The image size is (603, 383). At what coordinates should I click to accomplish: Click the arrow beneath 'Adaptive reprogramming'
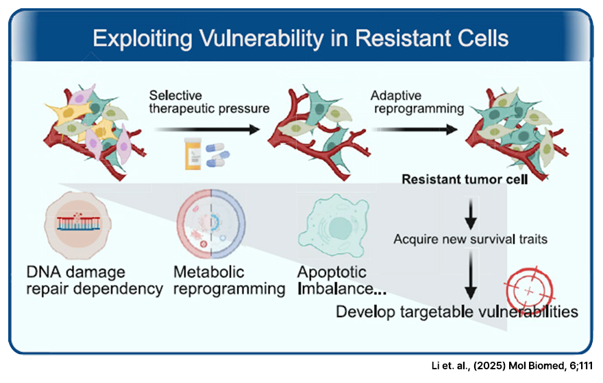[414, 128]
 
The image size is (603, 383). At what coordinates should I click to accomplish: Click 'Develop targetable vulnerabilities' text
[456, 312]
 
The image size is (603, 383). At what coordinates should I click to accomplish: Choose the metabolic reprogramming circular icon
[210, 222]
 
